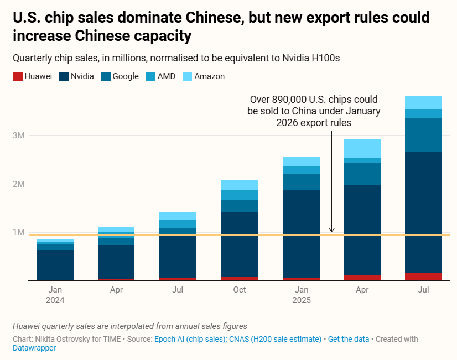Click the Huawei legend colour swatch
point(17,76)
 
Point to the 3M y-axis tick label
point(19,135)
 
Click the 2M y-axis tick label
point(19,184)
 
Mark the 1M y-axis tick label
point(19,232)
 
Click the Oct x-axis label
point(240,290)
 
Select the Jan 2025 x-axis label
point(302,295)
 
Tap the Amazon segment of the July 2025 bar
point(423,102)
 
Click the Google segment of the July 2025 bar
point(423,134)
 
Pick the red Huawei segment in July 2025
point(423,276)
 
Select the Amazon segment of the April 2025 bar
point(362,148)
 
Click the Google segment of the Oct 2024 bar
point(240,205)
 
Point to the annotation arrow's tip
point(331,232)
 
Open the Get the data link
point(349,339)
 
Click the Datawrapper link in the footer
point(34,348)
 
